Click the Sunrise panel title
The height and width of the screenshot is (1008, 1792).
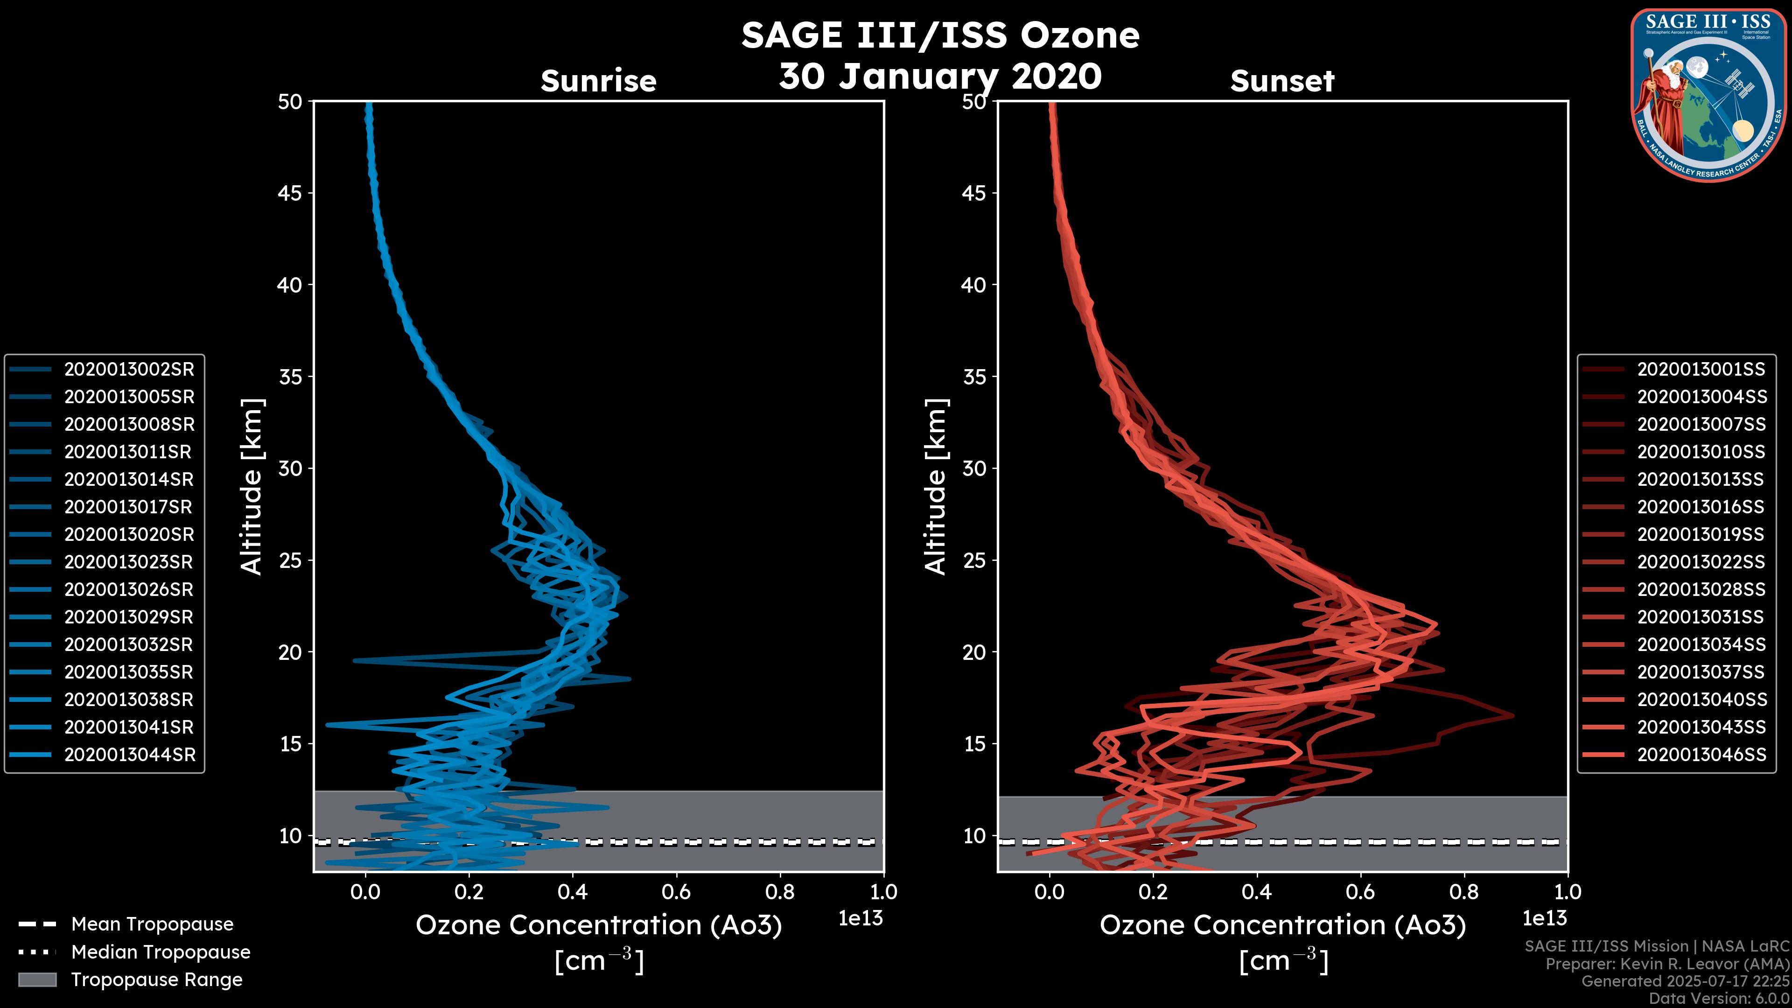tap(598, 81)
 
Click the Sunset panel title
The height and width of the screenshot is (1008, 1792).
tap(1282, 81)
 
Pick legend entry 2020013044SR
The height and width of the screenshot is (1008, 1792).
tap(129, 755)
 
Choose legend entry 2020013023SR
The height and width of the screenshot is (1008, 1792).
tap(129, 562)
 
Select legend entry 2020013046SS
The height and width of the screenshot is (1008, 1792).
tap(1701, 755)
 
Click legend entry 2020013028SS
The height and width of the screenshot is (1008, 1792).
tap(1701, 590)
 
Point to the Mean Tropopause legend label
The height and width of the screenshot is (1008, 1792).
tap(152, 924)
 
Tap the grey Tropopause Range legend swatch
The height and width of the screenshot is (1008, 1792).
tap(37, 980)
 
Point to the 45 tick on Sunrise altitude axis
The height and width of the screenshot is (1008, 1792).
tap(290, 193)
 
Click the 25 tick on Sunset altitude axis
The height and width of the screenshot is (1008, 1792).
tap(974, 560)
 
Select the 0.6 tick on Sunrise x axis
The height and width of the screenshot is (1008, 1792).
tap(676, 892)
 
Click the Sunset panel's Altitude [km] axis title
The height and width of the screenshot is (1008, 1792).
tap(936, 486)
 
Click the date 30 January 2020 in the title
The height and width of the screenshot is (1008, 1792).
tap(940, 77)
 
